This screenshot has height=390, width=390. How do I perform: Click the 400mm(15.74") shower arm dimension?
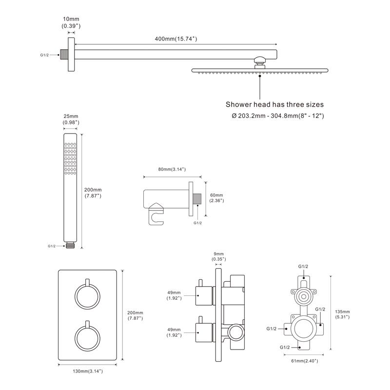(173, 39)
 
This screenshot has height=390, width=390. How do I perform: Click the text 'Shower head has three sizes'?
(274, 104)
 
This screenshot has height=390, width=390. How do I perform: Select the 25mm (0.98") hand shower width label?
(71, 119)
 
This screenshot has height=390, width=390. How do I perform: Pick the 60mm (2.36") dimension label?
(216, 197)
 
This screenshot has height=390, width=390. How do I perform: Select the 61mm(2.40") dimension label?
(304, 361)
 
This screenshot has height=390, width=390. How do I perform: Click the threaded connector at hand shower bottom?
(71, 246)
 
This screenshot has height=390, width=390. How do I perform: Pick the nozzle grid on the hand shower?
(71, 158)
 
